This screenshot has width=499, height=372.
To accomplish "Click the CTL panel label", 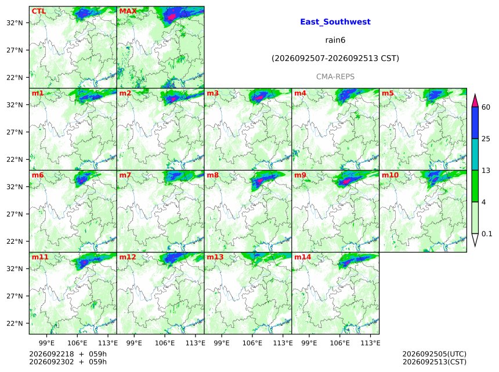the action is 39,11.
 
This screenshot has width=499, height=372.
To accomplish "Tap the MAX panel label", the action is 128,11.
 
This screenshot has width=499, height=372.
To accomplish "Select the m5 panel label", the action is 388,93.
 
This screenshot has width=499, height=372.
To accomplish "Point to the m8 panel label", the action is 213,175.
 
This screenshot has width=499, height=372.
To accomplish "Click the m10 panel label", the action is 390,175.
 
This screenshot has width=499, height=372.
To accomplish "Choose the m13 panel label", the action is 215,257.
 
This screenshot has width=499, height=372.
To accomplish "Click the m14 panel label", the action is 303,257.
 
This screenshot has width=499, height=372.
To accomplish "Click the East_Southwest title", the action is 335,22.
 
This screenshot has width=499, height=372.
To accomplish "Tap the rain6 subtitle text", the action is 335,40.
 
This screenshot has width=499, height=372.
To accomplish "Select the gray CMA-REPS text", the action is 335,77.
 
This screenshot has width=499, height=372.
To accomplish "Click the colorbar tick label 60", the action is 486,107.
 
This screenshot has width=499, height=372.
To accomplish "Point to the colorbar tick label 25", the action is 486,139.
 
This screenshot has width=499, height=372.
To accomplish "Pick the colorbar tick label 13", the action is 486,171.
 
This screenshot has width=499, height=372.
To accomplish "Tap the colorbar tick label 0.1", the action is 487,234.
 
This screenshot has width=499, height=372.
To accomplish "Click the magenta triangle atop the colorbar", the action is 475,101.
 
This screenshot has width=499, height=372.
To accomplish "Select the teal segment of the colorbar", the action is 475,154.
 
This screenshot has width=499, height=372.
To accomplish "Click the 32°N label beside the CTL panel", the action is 15,23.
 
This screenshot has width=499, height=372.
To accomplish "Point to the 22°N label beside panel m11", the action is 15,323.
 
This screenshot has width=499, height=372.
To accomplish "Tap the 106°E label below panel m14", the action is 340,343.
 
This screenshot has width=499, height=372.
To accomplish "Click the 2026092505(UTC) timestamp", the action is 435,354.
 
